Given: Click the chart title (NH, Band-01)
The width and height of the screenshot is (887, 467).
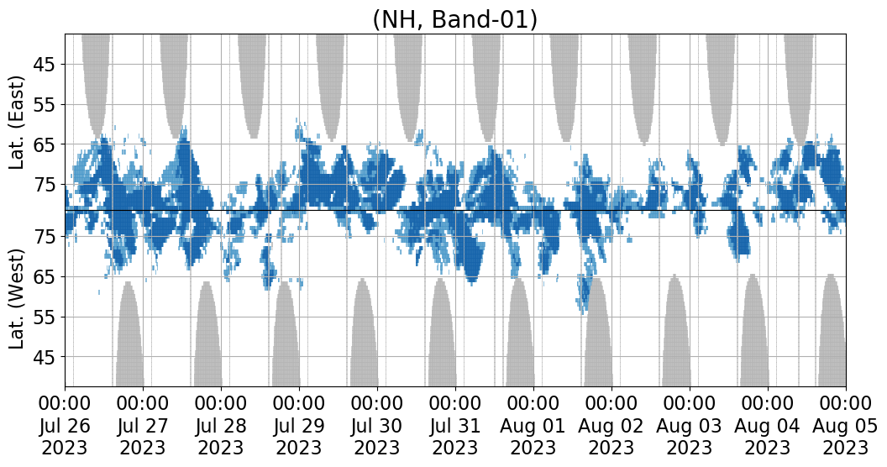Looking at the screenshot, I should coord(454,18).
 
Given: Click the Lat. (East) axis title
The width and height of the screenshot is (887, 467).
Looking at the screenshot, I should coord(18,123).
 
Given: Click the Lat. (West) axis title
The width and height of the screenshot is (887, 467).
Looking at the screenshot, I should coord(18,298).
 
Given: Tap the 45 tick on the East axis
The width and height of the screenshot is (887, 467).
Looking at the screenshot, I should coord(44,65).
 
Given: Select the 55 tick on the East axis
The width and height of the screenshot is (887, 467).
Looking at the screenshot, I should coord(44,105).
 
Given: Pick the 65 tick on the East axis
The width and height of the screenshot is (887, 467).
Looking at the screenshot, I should coord(44,144).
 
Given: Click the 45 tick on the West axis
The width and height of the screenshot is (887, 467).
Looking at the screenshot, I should coord(44,357).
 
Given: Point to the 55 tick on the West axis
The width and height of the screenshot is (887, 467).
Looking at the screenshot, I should coord(44,317).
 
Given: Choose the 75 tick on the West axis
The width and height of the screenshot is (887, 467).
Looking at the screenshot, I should coord(44,238).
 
